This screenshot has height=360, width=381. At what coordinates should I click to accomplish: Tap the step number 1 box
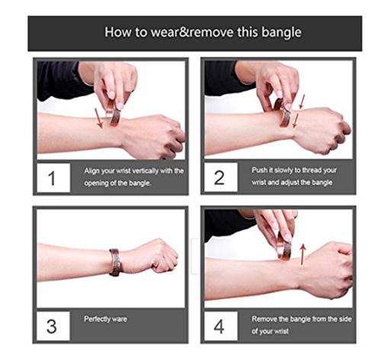(x=53, y=178)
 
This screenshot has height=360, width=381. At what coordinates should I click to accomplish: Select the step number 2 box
(x=221, y=177)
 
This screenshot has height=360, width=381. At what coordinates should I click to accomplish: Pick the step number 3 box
(x=53, y=326)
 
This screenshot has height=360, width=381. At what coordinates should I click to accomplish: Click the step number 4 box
(x=221, y=326)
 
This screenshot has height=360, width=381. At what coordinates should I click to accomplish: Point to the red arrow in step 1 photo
(x=98, y=118)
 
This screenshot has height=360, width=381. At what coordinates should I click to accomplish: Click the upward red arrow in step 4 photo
(x=303, y=254)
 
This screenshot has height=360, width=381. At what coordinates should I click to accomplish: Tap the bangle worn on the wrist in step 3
(x=115, y=262)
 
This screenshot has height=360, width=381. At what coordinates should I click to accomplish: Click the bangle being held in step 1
(x=114, y=114)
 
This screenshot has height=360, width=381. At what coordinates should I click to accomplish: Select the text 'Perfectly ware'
(x=105, y=319)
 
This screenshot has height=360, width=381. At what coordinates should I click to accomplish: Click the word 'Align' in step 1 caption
(x=91, y=171)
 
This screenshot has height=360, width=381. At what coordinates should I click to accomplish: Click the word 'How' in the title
(x=117, y=33)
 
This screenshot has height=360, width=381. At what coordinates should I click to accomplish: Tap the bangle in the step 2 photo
(x=283, y=113)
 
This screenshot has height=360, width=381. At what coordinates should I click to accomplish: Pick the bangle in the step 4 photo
(x=283, y=246)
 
